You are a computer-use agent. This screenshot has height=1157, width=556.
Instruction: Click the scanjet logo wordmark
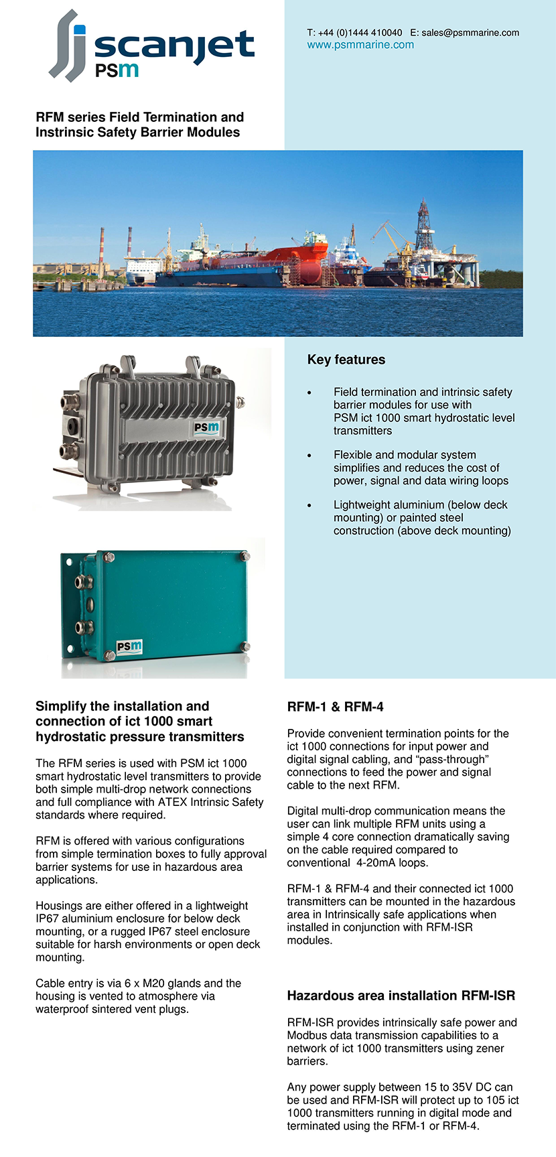coord(173,47)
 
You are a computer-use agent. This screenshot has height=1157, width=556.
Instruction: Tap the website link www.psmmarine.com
coord(360,45)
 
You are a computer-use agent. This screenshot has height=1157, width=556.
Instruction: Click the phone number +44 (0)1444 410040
coord(360,32)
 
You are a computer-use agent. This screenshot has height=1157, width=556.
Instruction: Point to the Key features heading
coord(346,360)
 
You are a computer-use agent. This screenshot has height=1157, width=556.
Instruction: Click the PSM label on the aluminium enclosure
coord(206,427)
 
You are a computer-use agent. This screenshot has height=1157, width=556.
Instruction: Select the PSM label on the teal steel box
coord(129,646)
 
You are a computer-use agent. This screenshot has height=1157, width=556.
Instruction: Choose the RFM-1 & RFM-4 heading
coord(335,707)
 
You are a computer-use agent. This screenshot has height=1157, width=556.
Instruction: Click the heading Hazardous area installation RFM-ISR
coord(401,996)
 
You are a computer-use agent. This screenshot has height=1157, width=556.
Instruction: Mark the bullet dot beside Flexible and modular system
coord(309,456)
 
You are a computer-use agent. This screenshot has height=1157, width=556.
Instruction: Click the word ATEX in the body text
coord(172,802)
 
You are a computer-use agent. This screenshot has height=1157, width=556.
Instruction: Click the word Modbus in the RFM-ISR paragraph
coord(306,1036)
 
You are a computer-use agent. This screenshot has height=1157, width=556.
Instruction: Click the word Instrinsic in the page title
coord(68,133)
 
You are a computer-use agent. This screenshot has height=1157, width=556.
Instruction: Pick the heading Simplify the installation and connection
coord(139,722)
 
